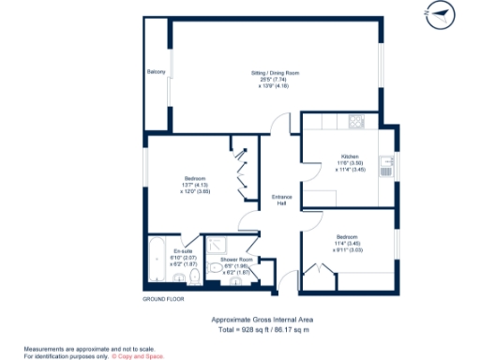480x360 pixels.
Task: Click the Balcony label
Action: pos(156,72)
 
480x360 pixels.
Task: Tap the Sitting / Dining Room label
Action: pos(274,72)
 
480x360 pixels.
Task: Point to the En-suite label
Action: pos(183,251)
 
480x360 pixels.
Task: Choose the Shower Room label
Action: pos(236,259)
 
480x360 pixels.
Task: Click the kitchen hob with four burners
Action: pos(355,121)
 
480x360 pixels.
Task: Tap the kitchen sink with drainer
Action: pos(384,168)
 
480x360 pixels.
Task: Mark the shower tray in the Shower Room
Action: pos(226,243)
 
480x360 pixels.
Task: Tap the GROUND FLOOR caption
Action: pos(162,299)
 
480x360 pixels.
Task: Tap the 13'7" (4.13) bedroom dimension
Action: pos(195,185)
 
